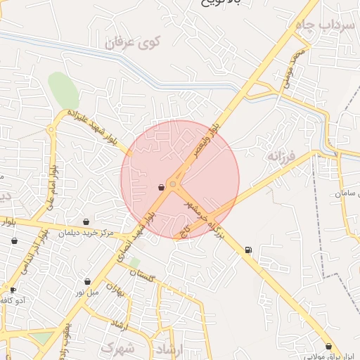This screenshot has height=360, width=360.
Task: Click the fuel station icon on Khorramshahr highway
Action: (x=247, y=250)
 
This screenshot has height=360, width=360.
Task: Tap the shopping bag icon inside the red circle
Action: (x=162, y=187)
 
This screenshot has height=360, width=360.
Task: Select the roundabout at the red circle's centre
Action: (x=173, y=184)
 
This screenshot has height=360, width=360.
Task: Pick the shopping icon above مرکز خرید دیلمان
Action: (x=86, y=221)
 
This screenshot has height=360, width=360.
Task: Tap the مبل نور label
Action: (x=89, y=292)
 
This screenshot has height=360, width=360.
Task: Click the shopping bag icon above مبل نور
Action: (x=87, y=281)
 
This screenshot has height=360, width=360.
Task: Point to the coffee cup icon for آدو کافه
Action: (x=13, y=290)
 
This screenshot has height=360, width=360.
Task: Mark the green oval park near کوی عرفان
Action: (x=63, y=89)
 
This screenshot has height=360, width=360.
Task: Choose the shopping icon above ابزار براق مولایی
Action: (x=328, y=346)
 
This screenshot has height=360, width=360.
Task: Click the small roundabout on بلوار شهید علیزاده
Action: (x=51, y=129)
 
